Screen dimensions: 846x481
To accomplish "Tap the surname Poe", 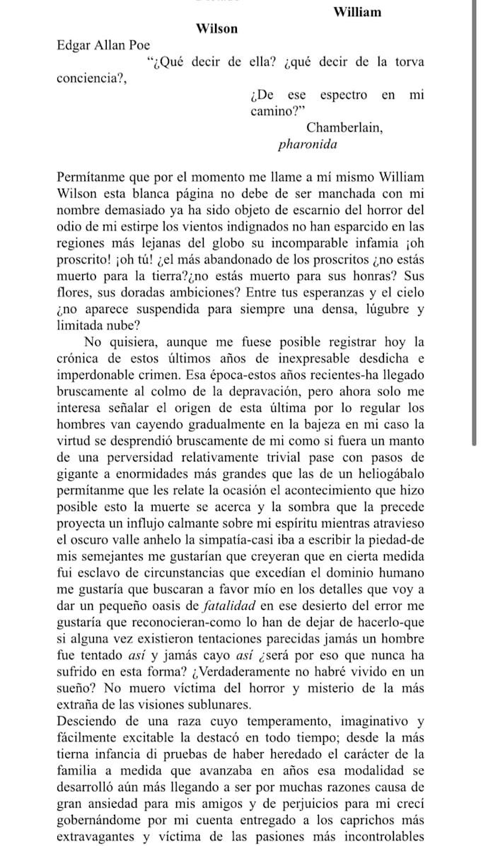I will coord(139,45).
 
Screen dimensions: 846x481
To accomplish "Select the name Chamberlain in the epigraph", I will coord(344,128).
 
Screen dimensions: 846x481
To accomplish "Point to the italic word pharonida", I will coord(308,145).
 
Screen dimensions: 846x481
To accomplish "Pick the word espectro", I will coord(343,95).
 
